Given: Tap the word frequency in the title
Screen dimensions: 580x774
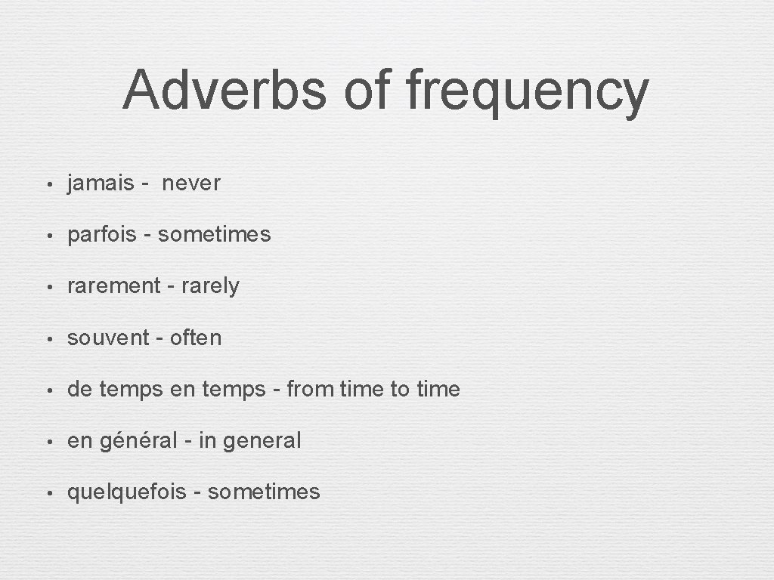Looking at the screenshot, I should pos(527,92).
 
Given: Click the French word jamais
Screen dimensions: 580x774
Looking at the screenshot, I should pos(101,184).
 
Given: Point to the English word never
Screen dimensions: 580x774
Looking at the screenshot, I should pos(191,184).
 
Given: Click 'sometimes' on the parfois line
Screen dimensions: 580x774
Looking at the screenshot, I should pos(214,235).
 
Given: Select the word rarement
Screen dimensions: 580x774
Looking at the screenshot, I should pos(114,286).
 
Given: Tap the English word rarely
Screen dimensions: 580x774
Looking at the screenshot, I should pos(210,287).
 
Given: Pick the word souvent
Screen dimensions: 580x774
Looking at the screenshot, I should pos(109,338).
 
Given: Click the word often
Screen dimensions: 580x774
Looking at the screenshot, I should pos(196,338).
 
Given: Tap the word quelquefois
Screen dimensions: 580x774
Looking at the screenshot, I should pos(126,492).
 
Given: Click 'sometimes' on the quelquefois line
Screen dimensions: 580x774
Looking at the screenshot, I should pos(264,492).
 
